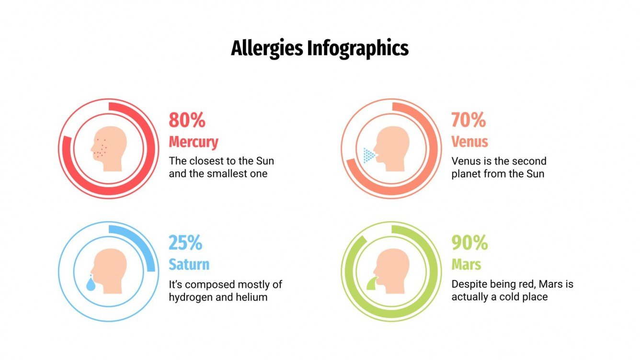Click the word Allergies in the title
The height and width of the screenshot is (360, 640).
point(267,49)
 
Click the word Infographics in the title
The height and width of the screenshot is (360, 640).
point(357,49)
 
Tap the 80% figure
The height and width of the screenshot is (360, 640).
point(187,120)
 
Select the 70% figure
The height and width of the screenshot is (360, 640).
point(469,120)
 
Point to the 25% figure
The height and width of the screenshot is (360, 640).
point(185,243)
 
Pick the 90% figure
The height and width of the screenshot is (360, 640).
point(469,243)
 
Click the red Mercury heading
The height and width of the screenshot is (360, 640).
point(194,142)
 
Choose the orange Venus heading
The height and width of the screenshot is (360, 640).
point(469,142)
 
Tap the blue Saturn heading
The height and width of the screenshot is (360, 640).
point(189,264)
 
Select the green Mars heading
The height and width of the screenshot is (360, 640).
point(466,264)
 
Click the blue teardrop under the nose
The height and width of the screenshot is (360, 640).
point(91,285)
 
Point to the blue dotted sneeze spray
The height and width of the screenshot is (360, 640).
point(369,155)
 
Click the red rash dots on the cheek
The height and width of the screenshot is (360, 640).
point(101,147)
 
